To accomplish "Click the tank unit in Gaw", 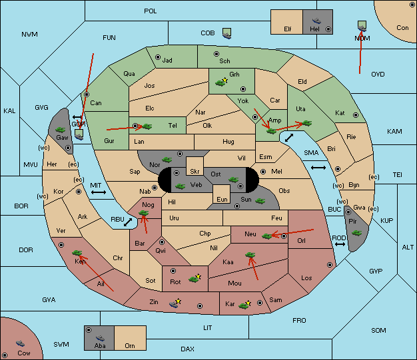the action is point(61,130).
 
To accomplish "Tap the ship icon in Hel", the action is point(316,21).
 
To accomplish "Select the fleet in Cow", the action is point(20,343).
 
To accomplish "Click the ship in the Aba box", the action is point(100,338).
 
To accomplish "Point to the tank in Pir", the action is point(356,233).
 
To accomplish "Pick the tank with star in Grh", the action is point(221,82).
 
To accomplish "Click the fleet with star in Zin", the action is point(175,303).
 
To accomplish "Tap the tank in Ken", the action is point(77,252).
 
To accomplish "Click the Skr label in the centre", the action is point(195,172).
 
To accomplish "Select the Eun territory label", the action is point(222,199).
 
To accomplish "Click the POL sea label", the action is point(151,11).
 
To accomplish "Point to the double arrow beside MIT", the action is point(99,192).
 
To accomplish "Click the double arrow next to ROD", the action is point(340,244).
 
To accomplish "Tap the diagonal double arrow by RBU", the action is point(128,222).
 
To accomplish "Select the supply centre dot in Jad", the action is point(158,57).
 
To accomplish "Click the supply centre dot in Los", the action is point(330,265).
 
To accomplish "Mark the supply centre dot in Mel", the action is point(263,172).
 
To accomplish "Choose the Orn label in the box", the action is point(130,345).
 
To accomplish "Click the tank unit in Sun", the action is point(260,201).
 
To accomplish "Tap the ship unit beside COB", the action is point(227,33).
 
